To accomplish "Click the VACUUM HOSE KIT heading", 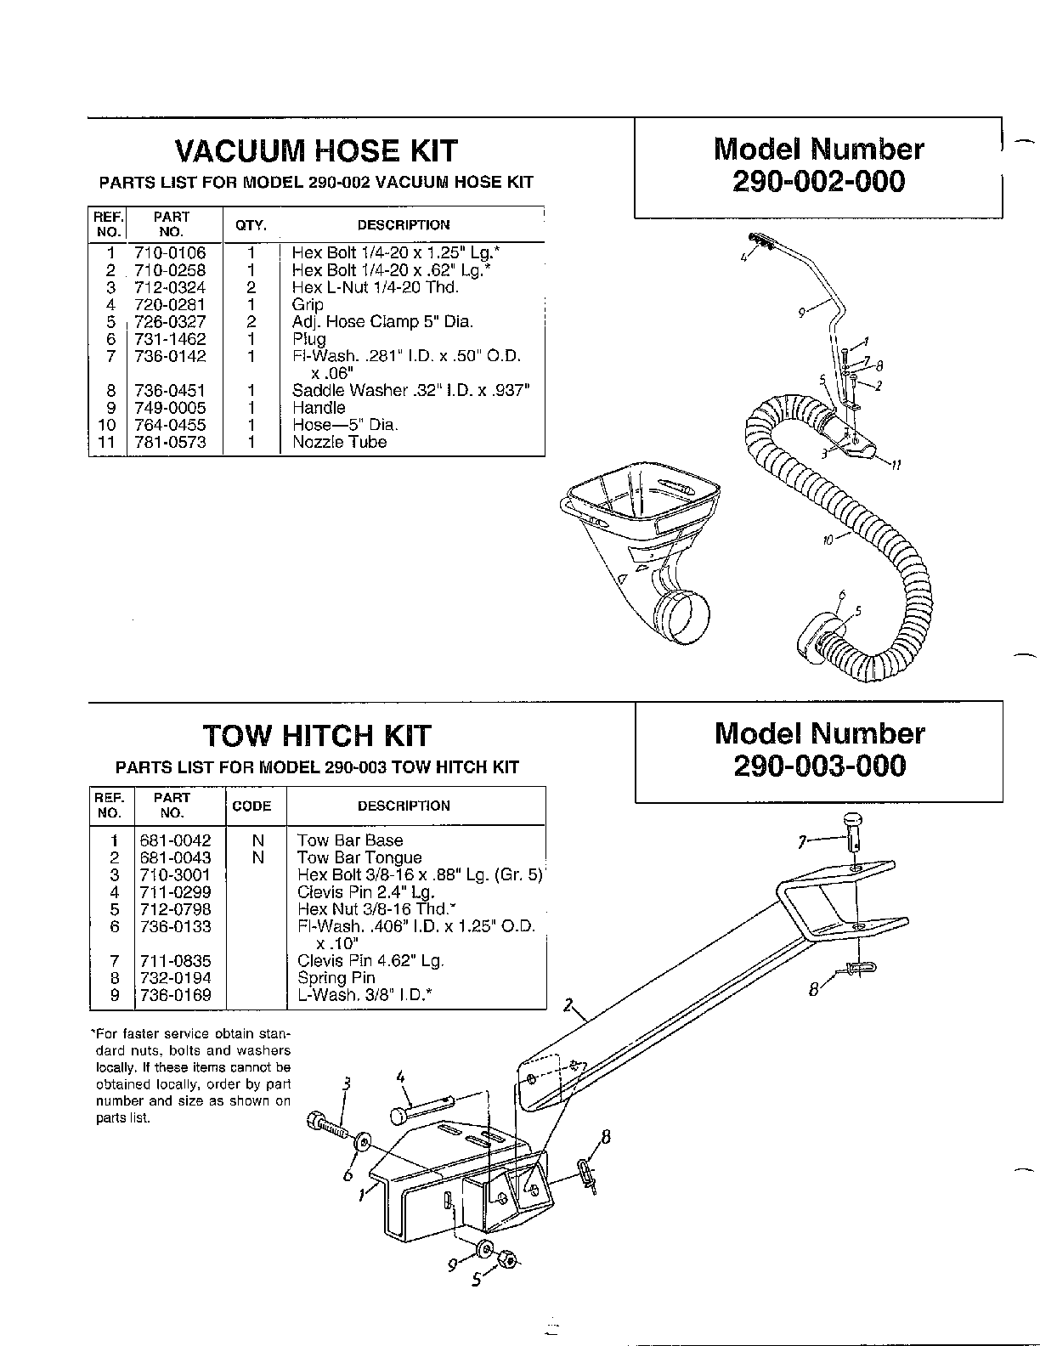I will click(x=316, y=151).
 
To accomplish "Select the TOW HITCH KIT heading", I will click(x=316, y=735).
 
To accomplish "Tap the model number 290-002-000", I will click(x=818, y=181).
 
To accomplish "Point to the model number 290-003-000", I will click(x=819, y=766).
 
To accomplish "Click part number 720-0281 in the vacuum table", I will click(x=170, y=305).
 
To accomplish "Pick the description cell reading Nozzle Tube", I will click(x=339, y=443).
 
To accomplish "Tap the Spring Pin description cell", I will click(x=336, y=978).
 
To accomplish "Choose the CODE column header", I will click(x=252, y=806).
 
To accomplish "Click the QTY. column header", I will click(x=251, y=225).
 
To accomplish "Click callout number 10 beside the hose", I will click(x=828, y=539).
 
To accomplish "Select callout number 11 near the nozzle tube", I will click(x=896, y=466).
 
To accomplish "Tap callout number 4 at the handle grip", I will click(x=743, y=256).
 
